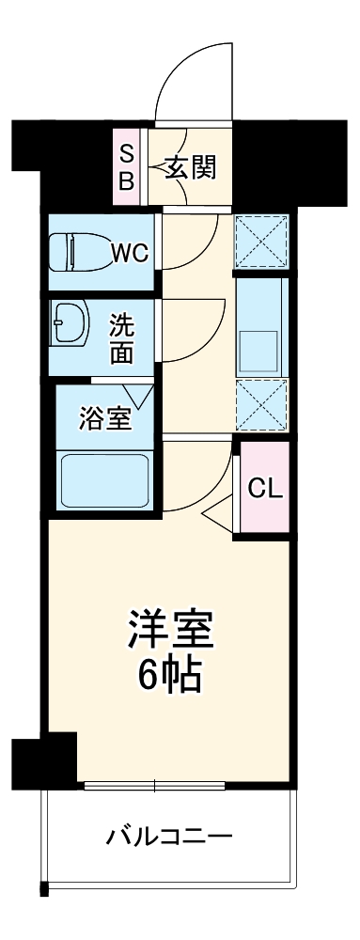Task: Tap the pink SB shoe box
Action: click(126, 165)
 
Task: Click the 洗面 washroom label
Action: click(122, 337)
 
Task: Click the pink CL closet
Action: click(262, 488)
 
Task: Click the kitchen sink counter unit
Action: click(261, 324)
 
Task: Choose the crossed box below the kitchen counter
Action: click(261, 404)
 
